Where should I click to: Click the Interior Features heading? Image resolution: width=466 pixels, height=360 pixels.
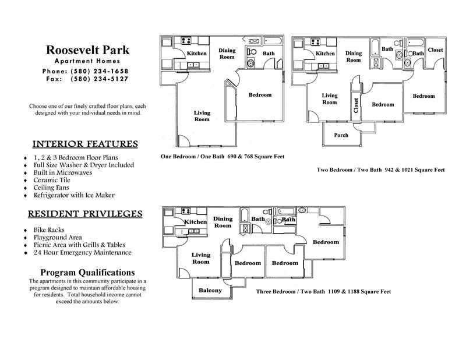(x=85, y=144)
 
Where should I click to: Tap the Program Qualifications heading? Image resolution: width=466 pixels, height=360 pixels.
(x=87, y=273)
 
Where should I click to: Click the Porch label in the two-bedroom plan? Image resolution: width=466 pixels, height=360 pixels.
(x=341, y=135)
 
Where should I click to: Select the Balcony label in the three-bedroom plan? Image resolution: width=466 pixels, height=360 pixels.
(x=210, y=290)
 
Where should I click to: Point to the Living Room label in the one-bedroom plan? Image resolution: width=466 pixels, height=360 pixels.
(x=202, y=115)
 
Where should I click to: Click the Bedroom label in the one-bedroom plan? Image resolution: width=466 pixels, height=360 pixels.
(x=260, y=95)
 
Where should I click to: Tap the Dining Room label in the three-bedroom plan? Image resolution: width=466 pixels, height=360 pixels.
(x=223, y=222)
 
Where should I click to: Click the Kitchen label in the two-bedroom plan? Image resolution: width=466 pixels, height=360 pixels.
(x=325, y=54)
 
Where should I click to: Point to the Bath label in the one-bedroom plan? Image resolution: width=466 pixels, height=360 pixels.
(x=269, y=54)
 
